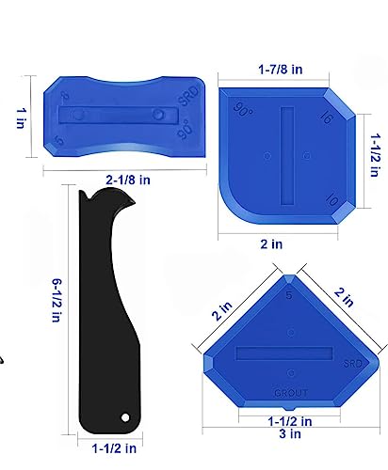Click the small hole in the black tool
pos(123,415)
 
